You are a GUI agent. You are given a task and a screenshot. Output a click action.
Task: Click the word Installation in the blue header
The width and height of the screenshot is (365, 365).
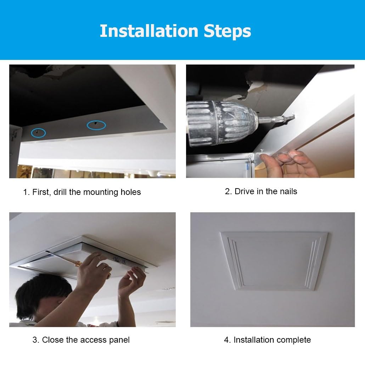click(x=149, y=31)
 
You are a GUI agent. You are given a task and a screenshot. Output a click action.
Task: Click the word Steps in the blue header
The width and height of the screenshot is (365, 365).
click(x=228, y=32)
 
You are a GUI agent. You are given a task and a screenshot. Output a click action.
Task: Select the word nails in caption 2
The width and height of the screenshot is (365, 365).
click(x=288, y=191)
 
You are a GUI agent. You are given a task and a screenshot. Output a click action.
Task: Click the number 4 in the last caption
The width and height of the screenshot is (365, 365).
click(x=226, y=340)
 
